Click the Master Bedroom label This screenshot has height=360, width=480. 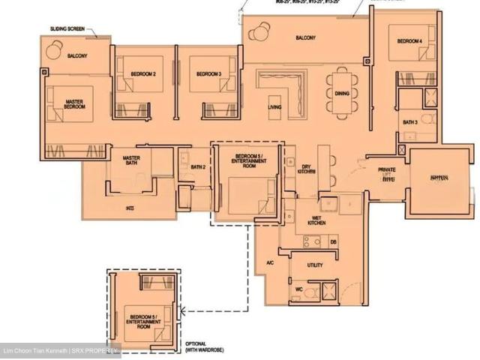[x=74, y=104]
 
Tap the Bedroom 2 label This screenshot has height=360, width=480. [x=143, y=74]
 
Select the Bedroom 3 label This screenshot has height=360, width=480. [x=208, y=74]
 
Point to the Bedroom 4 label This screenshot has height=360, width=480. [x=409, y=40]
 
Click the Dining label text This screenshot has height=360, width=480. [x=342, y=94]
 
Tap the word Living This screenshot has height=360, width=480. [x=274, y=107]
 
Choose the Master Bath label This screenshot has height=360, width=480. [x=131, y=160]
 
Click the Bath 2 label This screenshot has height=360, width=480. [x=198, y=167]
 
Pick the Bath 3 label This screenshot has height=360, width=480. [x=409, y=122]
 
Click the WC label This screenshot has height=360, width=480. [x=298, y=289]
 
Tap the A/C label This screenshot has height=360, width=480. [x=271, y=263]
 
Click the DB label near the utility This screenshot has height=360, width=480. [x=333, y=241]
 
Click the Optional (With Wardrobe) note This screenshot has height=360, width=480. [x=204, y=346]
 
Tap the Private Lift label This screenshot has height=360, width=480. [x=387, y=174]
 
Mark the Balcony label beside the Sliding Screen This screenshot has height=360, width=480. [x=78, y=56]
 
